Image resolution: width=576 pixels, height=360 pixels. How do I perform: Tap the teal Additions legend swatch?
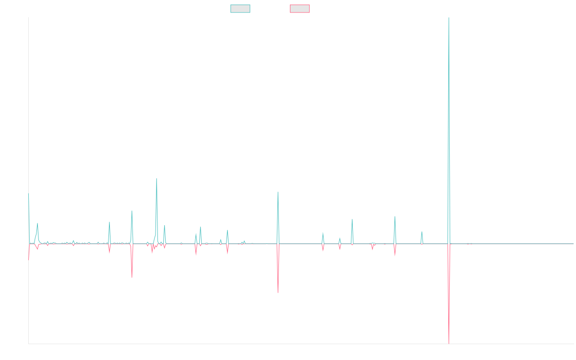pos(240,9)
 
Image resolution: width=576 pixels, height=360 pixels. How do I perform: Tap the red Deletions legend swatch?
pos(300,9)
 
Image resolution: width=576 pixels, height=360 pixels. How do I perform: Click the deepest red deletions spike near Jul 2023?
pos(449,343)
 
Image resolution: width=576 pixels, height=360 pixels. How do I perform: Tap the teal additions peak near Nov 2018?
pos(156,179)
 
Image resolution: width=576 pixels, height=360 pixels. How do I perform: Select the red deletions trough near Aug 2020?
pos(278,292)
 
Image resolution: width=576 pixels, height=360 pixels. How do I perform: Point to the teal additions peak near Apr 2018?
pos(132,211)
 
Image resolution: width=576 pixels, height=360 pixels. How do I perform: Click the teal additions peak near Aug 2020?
pos(278,192)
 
